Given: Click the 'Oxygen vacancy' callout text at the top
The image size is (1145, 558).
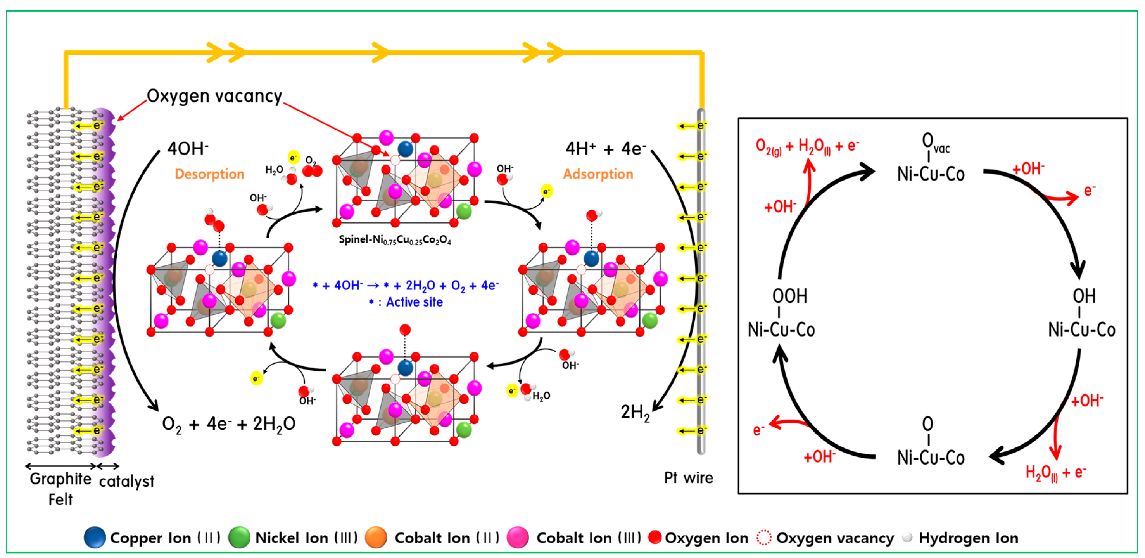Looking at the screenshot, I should [214, 96].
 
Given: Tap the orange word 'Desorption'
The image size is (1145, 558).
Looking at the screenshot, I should [209, 174].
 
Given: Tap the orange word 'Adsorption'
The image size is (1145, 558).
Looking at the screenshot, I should [598, 174].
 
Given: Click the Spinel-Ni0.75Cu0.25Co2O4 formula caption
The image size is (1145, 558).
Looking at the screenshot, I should [395, 240].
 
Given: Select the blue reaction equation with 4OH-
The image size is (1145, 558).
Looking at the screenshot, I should [405, 285].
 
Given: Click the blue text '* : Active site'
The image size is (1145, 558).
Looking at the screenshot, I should [405, 302].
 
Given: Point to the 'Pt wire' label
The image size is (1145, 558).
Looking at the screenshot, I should [688, 478].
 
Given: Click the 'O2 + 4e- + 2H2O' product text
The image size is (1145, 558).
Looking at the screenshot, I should [229, 424].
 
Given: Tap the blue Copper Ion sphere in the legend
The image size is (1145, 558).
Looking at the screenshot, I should [95, 537].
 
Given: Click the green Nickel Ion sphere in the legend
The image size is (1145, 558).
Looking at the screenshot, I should [239, 537].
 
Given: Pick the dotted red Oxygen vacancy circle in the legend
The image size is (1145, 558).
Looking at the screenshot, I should [764, 537].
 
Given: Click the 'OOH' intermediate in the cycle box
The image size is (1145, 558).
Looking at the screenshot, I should [789, 296].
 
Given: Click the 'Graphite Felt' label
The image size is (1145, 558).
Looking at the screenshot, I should [60, 489].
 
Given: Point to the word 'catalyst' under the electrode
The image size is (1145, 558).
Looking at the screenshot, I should [127, 481].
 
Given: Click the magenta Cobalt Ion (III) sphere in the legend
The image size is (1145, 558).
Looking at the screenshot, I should [517, 537].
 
